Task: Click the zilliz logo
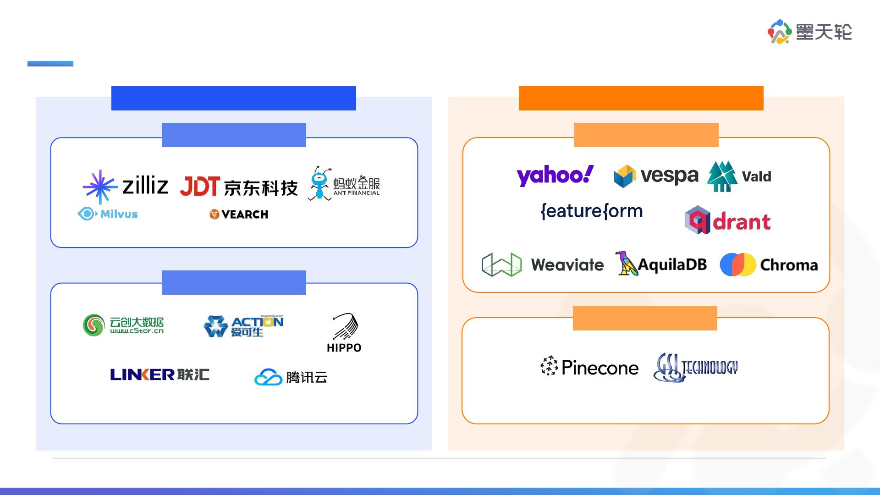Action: tap(126, 186)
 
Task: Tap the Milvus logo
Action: tap(108, 214)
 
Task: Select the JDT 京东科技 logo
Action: tap(238, 187)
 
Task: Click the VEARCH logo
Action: tap(239, 214)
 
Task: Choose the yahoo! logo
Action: tap(555, 176)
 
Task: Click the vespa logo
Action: tap(656, 176)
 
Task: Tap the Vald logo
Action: tap(739, 176)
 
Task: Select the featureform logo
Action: tap(591, 211)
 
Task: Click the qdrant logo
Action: tap(728, 220)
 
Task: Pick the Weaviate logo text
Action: tap(567, 265)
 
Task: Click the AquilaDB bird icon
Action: tap(626, 264)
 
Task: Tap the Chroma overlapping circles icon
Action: tap(737, 264)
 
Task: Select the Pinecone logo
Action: tap(589, 367)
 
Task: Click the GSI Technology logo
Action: tap(696, 367)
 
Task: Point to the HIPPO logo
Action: tap(344, 333)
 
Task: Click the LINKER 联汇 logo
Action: tap(159, 374)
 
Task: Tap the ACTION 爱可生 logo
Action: tap(243, 326)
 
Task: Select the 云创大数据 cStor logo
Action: tap(123, 325)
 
